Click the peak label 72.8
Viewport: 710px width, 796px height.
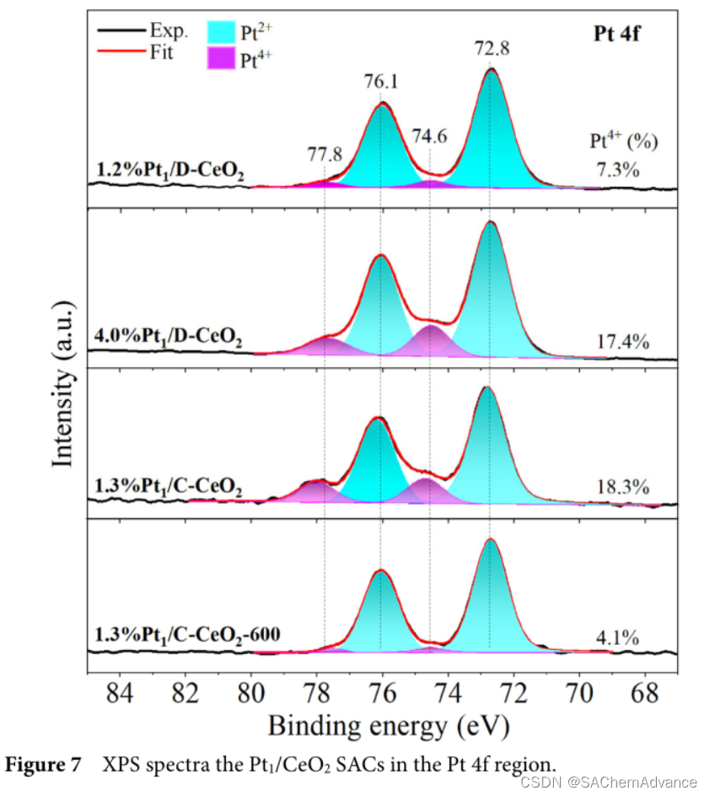pyautogui.click(x=492, y=49)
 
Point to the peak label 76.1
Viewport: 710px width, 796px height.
pyautogui.click(x=382, y=82)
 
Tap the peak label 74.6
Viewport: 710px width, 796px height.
pyautogui.click(x=429, y=135)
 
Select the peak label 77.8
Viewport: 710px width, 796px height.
pyautogui.click(x=325, y=155)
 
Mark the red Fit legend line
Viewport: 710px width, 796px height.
pyautogui.click(x=118, y=52)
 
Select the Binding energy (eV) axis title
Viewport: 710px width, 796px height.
pyautogui.click(x=389, y=724)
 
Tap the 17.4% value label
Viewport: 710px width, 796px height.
pyautogui.click(x=621, y=342)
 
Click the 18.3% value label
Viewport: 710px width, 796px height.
pyautogui.click(x=621, y=487)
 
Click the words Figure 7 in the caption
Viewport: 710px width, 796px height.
pyautogui.click(x=44, y=766)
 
